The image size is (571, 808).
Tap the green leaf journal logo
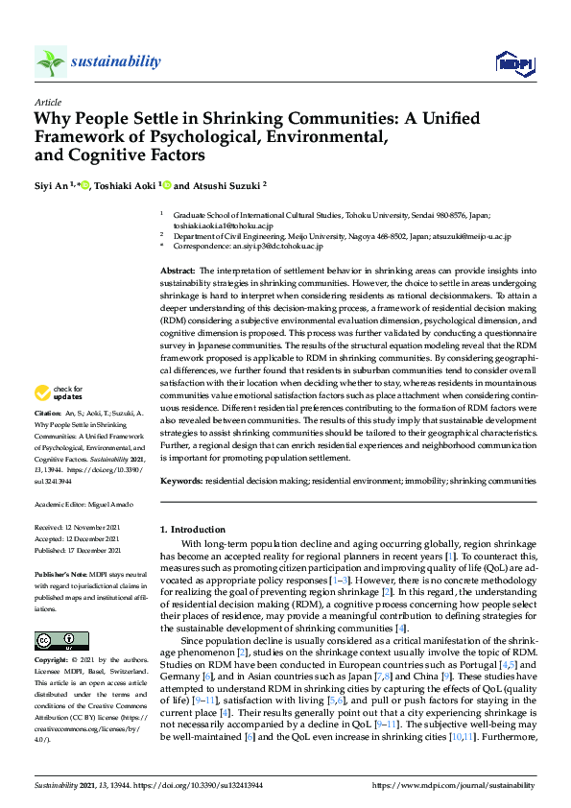(50, 61)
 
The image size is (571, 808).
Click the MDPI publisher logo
(513, 63)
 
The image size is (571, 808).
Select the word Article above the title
(47, 102)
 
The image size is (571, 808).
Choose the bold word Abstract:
(178, 273)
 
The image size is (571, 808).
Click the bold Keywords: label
(182, 479)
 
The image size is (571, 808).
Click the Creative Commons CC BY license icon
(55, 613)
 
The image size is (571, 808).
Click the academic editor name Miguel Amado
(100, 504)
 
